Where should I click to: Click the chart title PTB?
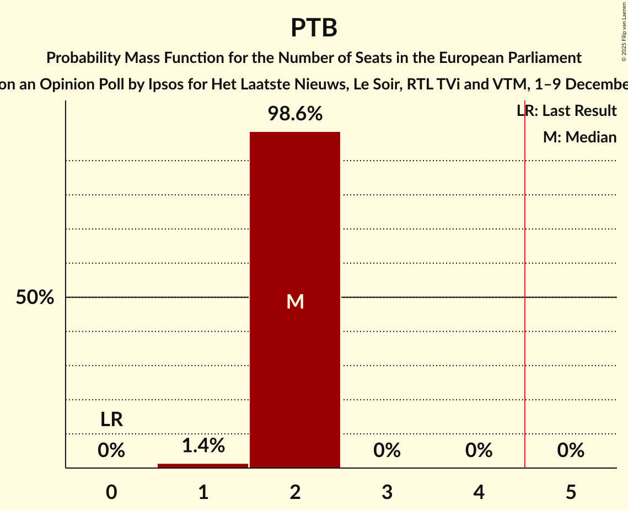[314, 28]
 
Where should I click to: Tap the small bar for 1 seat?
[203, 465]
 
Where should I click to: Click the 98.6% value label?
[295, 114]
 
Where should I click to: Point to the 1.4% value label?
[203, 445]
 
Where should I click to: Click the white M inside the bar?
[295, 301]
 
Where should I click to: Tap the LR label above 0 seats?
[111, 420]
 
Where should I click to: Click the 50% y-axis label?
[35, 298]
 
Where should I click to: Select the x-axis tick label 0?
[111, 492]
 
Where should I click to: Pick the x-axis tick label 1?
[203, 492]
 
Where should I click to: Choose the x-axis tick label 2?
[295, 492]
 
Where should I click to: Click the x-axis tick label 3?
[387, 492]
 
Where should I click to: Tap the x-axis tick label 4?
[479, 492]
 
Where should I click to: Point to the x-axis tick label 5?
[571, 492]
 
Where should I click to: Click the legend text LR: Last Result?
[566, 111]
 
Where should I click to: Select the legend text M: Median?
[579, 137]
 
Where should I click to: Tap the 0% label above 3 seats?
[387, 451]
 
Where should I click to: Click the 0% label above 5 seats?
[571, 451]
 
